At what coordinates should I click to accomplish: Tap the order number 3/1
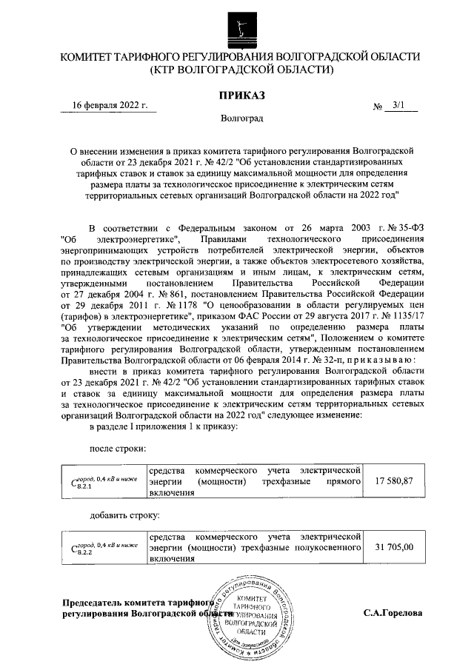[x=400, y=105]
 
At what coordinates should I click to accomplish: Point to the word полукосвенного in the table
[x=324, y=547]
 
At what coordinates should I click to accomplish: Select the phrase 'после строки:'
[x=117, y=449]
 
